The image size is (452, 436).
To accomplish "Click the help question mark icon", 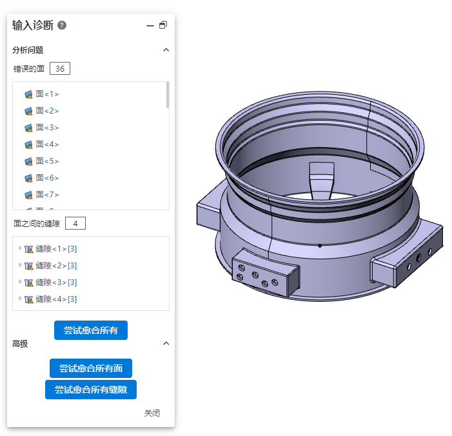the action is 62,25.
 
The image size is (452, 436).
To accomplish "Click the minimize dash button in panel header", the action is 150,26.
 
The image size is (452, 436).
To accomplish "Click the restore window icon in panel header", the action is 163,25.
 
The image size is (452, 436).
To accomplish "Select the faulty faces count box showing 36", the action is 60,68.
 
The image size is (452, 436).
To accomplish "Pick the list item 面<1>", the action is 42,94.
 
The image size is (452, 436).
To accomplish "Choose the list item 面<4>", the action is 42,144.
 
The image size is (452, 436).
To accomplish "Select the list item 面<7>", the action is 42,195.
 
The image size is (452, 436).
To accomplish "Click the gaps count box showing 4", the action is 75,223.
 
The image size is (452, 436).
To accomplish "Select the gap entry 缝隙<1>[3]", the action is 51,249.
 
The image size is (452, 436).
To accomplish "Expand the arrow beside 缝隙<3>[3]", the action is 20,282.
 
